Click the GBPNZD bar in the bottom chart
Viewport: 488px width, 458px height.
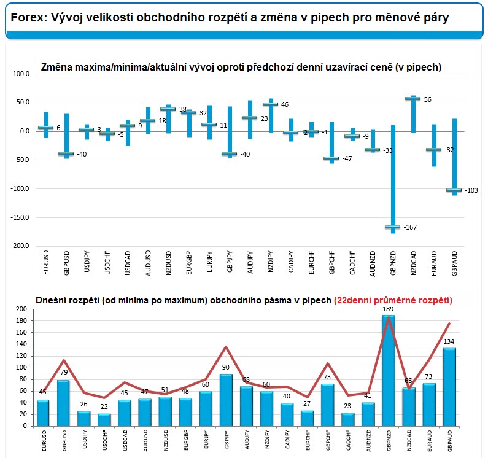point(388,371)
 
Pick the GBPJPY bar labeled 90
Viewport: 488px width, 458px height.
point(226,400)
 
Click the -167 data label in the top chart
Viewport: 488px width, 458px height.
point(410,227)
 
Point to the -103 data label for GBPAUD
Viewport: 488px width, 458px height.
point(470,190)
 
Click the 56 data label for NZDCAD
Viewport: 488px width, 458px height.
point(428,99)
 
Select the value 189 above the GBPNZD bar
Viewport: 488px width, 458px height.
point(388,309)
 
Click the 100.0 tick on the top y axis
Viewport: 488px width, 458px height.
point(21,74)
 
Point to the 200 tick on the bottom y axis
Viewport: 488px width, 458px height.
point(23,310)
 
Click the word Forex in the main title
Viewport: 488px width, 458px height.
point(26,18)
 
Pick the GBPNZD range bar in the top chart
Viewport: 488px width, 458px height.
point(393,178)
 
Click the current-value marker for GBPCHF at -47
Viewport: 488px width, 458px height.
point(331,158)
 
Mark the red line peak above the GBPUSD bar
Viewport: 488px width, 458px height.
point(63,360)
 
